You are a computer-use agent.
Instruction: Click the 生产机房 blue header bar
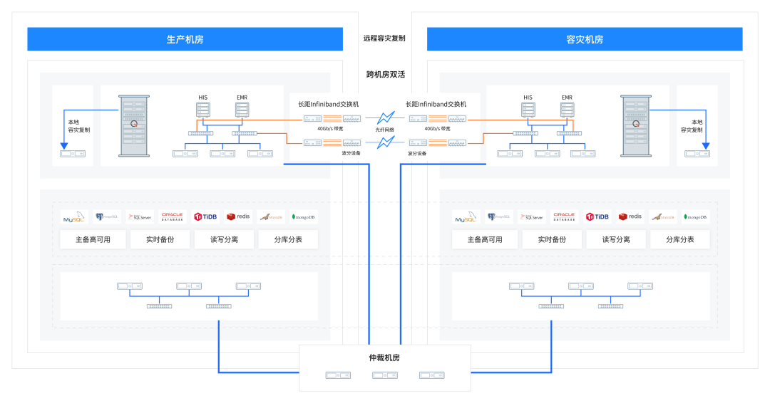coord(185,39)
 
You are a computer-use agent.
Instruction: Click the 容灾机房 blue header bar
coord(584,39)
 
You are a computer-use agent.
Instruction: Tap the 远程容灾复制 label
coord(384,38)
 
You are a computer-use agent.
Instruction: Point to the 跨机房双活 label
coord(385,74)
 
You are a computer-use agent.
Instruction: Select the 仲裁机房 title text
coord(385,357)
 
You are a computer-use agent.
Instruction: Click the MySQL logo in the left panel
coord(73,217)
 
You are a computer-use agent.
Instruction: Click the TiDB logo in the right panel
coord(597,216)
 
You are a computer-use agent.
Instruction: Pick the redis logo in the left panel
coord(238,216)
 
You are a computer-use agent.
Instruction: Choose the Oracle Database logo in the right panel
coord(564,216)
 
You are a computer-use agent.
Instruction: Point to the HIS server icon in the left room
coord(204,110)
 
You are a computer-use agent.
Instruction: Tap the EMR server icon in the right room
coord(567,110)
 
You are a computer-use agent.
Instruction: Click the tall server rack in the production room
coord(133,126)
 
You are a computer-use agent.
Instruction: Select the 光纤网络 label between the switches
coord(385,130)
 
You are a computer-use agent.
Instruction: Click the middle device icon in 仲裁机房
coord(385,375)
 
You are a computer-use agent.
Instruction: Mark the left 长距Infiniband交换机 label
coord(329,104)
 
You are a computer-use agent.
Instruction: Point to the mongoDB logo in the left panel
coord(304,217)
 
